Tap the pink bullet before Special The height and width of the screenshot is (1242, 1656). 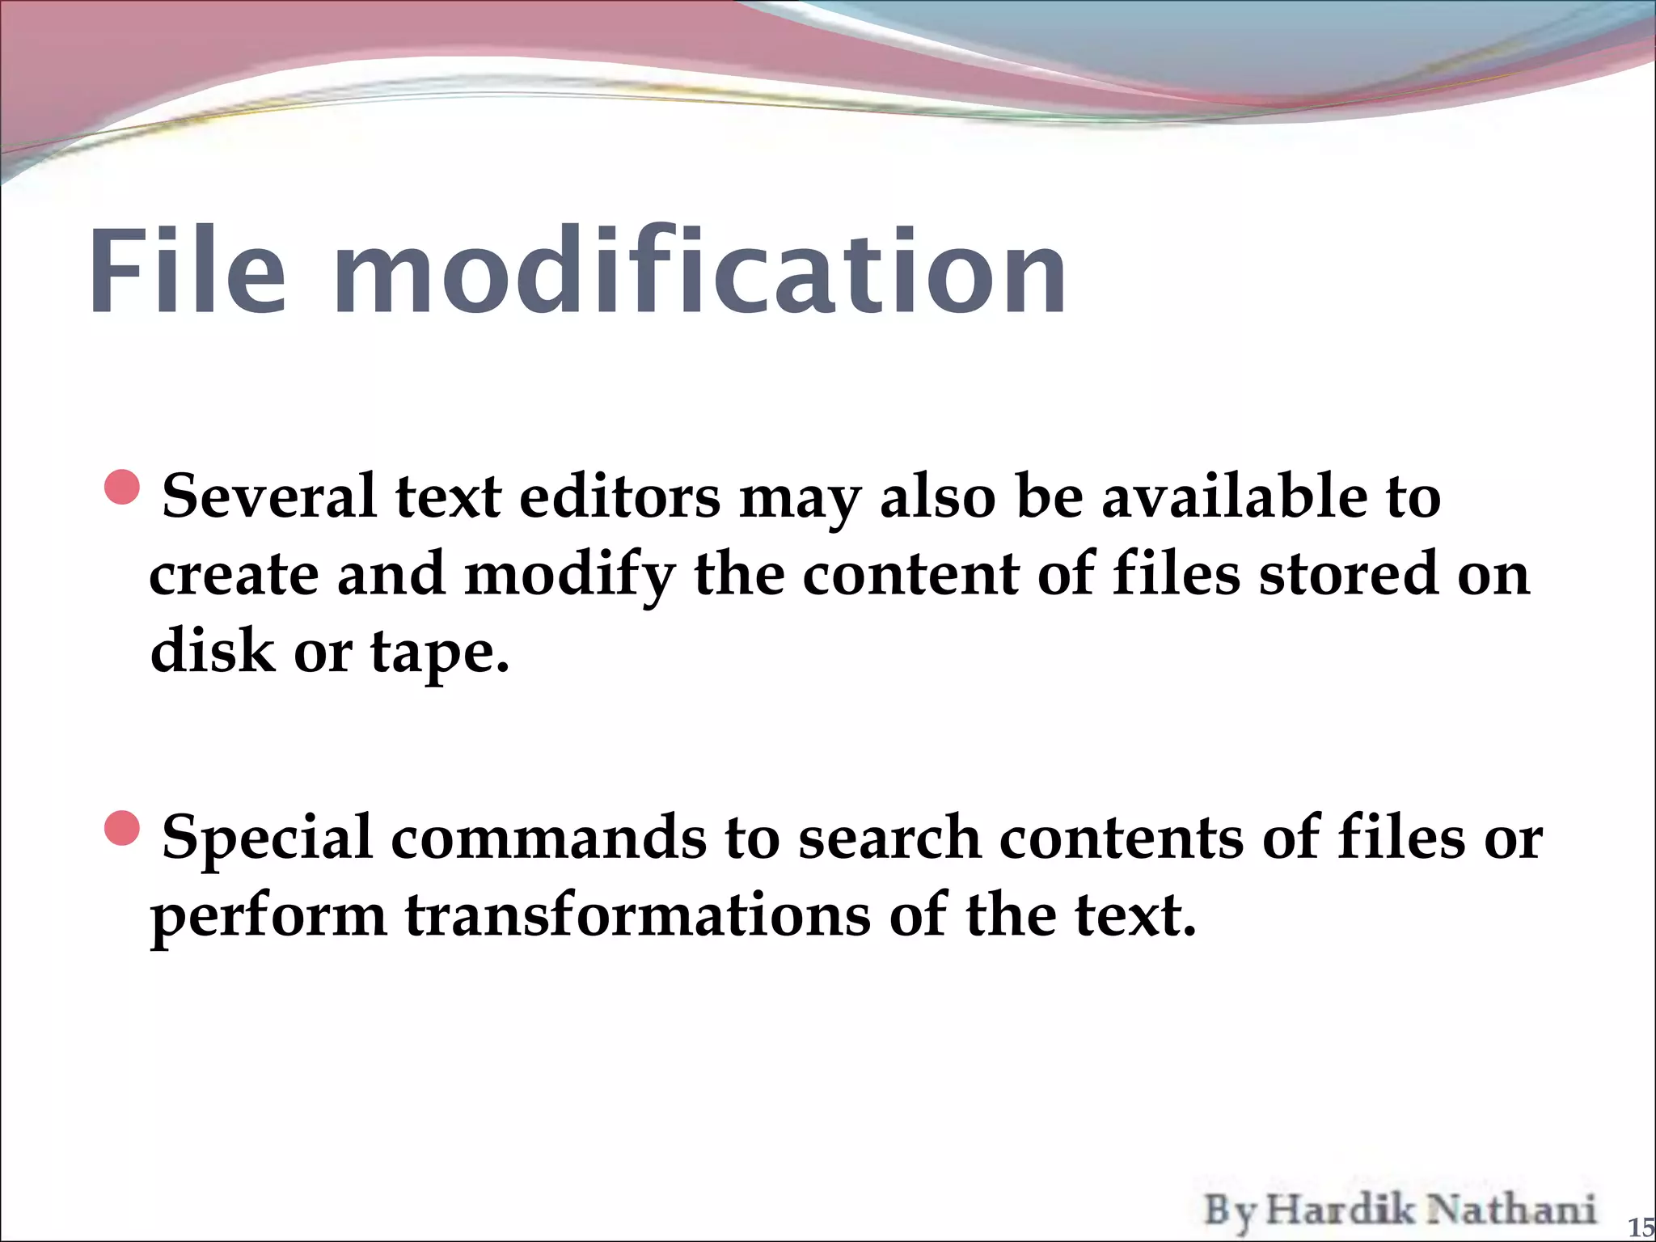[x=123, y=827]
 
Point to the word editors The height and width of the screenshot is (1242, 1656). [x=619, y=496]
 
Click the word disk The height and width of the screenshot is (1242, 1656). [x=213, y=650]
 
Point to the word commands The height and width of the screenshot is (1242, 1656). [x=549, y=838]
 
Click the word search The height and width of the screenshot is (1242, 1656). [x=889, y=838]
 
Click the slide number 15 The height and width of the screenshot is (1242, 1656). [x=1641, y=1228]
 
